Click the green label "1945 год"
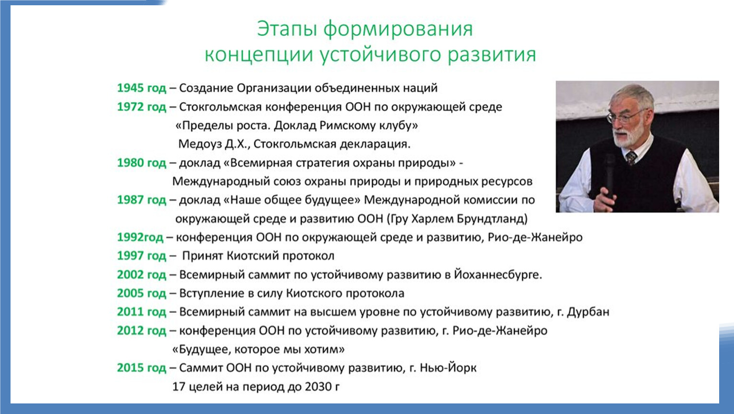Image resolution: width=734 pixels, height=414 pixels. click(142, 88)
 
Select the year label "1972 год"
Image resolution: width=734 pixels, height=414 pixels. click(142, 107)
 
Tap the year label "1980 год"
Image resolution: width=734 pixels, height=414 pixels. click(142, 163)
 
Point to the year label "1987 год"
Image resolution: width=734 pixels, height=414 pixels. click(142, 200)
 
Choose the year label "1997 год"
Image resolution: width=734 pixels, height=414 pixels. click(142, 256)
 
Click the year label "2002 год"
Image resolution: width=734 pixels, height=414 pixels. click(142, 275)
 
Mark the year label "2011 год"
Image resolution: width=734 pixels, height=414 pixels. click(142, 311)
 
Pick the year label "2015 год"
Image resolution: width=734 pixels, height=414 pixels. click(142, 368)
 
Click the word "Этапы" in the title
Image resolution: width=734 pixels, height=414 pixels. click(287, 29)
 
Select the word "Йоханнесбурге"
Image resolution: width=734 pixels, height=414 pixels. click(498, 274)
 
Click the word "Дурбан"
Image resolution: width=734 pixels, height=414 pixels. click(588, 311)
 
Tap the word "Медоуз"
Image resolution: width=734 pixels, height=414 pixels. click(200, 144)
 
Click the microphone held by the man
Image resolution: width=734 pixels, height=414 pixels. click(610, 177)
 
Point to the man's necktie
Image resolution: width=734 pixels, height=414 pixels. click(631, 158)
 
